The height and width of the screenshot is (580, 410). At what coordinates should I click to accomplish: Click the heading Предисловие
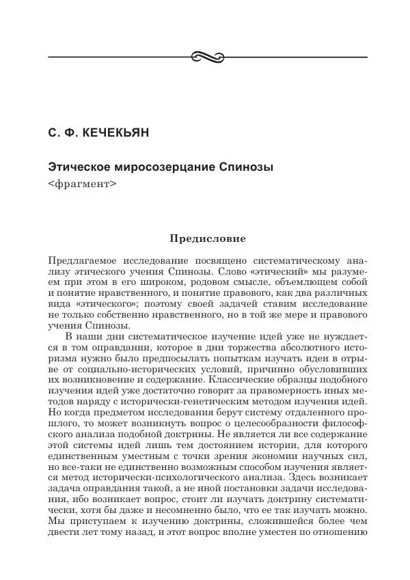(x=206, y=239)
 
